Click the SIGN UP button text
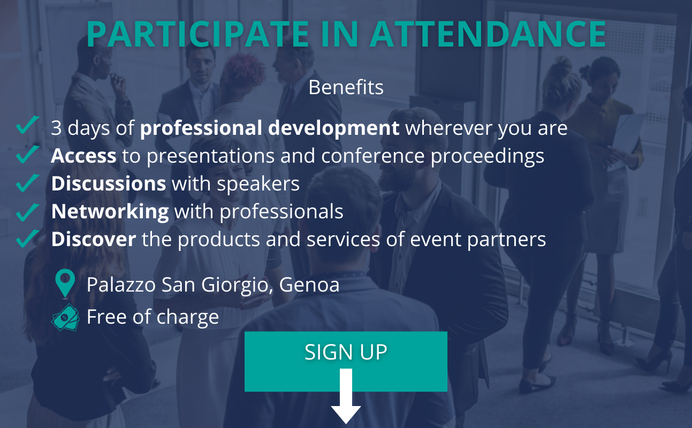coord(346,351)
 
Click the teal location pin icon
coord(65,284)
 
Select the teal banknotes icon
coord(65,317)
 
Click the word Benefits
coord(346,87)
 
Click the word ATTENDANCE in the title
coord(488,34)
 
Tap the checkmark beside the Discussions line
coord(27,182)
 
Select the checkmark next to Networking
coord(27,212)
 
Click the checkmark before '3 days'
coord(27,125)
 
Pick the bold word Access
coord(83,156)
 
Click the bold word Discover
coord(94,239)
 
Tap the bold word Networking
coord(110,212)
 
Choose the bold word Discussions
coord(109,184)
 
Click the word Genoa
coord(309,285)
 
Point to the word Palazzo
coord(121,285)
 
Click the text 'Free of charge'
coord(153,317)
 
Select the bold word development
coord(333,128)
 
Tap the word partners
coord(507,240)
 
